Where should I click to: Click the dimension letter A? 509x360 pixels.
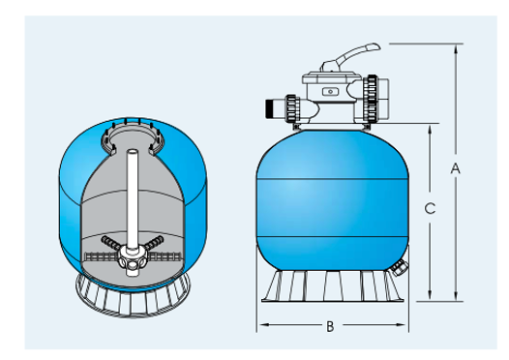(456, 168)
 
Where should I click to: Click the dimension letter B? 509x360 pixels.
(330, 326)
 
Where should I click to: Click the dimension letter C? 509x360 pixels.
(430, 208)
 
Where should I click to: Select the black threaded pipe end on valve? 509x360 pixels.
(269, 108)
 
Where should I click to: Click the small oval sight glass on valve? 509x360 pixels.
(330, 92)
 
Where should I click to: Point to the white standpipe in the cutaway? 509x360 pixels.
(133, 199)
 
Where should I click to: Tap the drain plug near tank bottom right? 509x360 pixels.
(398, 267)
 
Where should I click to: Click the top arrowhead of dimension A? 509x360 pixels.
(456, 48)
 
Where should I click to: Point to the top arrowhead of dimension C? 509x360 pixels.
(430, 130)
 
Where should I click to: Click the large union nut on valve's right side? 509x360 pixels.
(370, 99)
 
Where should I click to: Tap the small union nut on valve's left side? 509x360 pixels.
(291, 108)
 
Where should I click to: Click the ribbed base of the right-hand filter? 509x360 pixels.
(333, 286)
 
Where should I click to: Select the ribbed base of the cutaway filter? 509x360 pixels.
(133, 300)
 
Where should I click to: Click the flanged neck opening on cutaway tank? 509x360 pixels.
(133, 136)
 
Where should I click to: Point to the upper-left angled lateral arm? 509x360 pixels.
(111, 243)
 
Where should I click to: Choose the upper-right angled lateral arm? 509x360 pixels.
(153, 243)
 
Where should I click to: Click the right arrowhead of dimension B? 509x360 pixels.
(401, 324)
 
